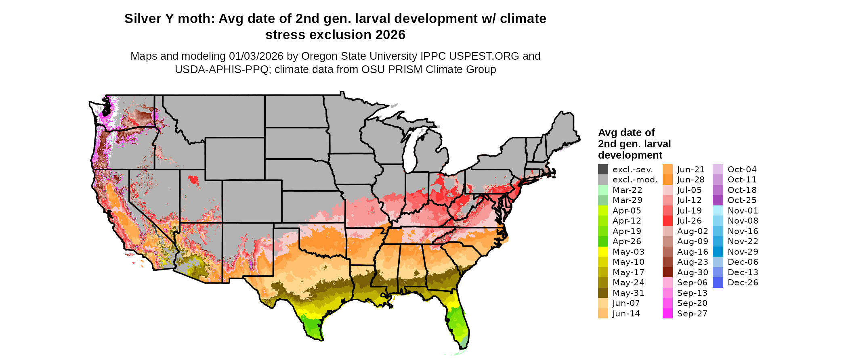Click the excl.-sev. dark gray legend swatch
[603, 170]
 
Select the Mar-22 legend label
[627, 190]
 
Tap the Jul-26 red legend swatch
[667, 221]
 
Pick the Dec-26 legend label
[743, 283]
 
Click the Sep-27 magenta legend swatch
[667, 314]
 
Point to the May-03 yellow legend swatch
[603, 252]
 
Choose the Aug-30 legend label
[692, 272]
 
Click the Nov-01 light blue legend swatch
[718, 211]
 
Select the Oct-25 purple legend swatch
[718, 200]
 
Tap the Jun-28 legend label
[691, 180]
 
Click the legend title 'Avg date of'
[626, 133]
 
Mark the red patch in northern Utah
[194, 180]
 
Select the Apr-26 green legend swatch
[603, 241]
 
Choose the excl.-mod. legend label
[635, 180]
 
